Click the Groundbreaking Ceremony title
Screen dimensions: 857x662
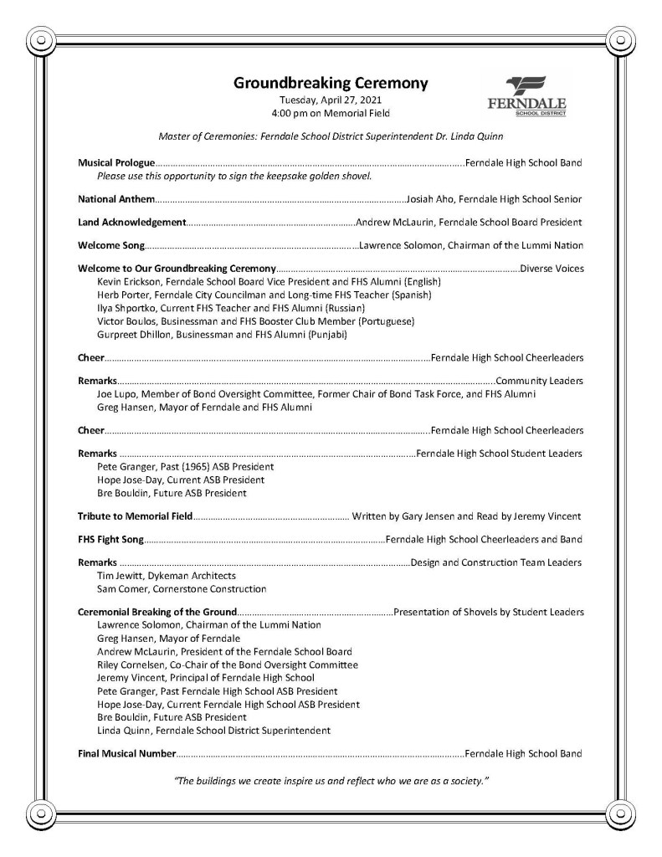(x=331, y=83)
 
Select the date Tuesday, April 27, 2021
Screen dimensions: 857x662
(x=331, y=100)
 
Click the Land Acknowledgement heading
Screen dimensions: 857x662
(x=131, y=223)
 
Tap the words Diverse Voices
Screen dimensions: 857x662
(x=552, y=269)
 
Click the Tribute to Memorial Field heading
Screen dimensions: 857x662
(x=135, y=516)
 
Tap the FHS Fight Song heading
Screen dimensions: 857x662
(x=110, y=539)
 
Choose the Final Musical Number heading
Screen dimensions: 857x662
(x=126, y=753)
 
